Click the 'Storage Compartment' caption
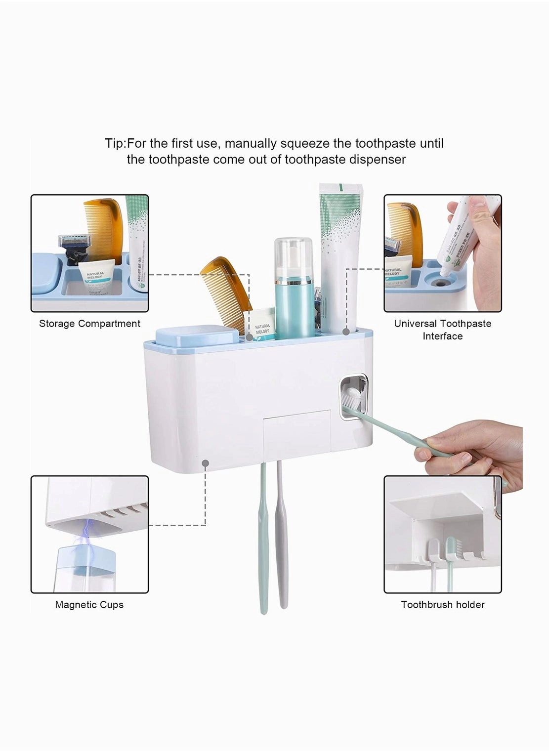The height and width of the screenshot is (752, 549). [x=89, y=324]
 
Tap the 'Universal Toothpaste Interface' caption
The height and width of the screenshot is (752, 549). [x=442, y=330]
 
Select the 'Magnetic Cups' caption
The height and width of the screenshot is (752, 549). [x=89, y=604]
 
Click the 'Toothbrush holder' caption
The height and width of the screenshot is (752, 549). [x=442, y=604]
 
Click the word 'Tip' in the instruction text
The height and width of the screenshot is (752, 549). [x=115, y=144]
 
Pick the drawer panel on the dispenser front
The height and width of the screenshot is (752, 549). [x=296, y=430]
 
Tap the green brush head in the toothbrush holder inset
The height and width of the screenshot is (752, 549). [x=450, y=548]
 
